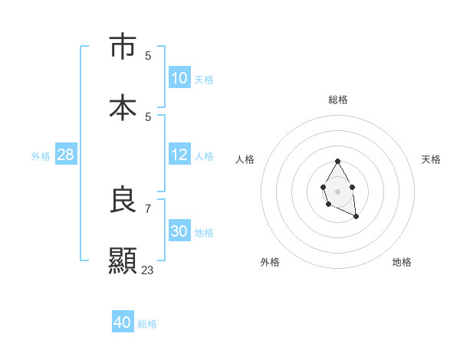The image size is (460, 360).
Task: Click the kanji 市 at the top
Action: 123,47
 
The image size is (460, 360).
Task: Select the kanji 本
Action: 123,106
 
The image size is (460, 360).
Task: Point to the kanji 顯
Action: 123,260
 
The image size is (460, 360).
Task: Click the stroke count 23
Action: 147,270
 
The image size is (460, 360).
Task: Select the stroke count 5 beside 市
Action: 148,56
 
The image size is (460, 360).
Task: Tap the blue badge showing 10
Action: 179,78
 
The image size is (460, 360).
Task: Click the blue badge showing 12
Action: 179,155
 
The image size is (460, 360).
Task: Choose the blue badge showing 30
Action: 179,231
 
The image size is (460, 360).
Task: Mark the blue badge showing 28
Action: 66,155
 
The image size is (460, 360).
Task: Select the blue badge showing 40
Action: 123,322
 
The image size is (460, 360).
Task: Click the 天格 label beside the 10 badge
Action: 204,80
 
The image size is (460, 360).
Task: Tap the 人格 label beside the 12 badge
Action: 204,156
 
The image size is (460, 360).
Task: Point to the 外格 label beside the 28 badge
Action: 41,156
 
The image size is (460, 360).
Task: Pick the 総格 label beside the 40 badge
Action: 147,324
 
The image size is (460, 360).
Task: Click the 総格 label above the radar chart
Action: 338,100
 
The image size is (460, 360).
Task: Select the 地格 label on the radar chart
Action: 402,262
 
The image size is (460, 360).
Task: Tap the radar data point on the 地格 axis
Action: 356,217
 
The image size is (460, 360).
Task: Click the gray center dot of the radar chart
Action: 337,190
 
